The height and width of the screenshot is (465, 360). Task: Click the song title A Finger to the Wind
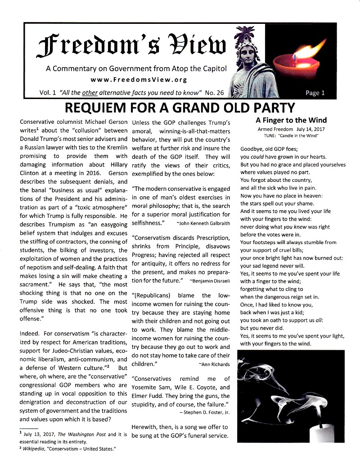coord(291,120)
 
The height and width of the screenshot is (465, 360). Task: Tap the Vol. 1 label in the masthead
coord(47,93)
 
